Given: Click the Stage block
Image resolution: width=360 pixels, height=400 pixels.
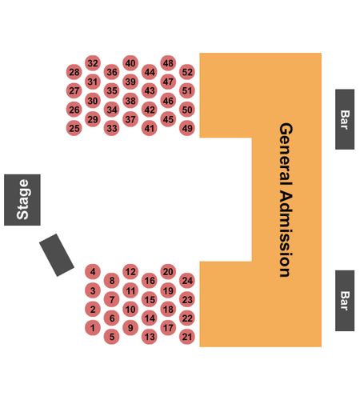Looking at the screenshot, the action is point(22,200).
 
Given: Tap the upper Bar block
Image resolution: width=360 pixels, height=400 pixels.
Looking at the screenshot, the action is point(345,119).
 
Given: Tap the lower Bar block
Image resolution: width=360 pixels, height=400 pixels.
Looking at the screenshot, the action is point(345,301).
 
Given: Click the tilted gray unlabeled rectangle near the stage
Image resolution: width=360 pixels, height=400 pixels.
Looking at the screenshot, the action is point(57,255).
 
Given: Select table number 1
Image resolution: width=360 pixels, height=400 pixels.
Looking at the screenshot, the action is point(93,327).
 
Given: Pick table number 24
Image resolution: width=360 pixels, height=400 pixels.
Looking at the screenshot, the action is point(187,281).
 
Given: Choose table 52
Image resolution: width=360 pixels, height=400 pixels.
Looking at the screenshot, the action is point(187,72).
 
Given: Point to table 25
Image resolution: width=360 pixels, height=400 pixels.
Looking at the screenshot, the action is point(74,128).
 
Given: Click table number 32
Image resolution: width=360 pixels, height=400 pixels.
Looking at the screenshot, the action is point(93,63).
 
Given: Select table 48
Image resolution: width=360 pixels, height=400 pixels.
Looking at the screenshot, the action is point(168,63).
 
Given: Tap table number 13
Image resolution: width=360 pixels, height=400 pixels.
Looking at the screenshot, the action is point(150,337).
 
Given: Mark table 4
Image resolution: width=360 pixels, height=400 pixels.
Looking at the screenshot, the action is point(93,272).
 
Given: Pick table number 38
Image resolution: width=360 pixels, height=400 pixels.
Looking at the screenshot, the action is point(130,101).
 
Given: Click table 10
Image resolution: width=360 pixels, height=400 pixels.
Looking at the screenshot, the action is point(130,309).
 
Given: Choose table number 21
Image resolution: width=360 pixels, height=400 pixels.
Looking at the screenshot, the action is point(187,337).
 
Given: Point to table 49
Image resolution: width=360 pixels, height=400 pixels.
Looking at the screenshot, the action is point(187,128).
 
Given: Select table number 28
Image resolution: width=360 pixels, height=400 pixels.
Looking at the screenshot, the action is point(74,72).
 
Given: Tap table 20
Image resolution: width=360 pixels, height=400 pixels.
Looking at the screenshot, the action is point(168,272).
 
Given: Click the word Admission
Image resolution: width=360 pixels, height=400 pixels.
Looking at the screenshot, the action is point(286,234).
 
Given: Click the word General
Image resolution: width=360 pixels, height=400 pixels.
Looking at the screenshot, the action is point(286,154).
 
